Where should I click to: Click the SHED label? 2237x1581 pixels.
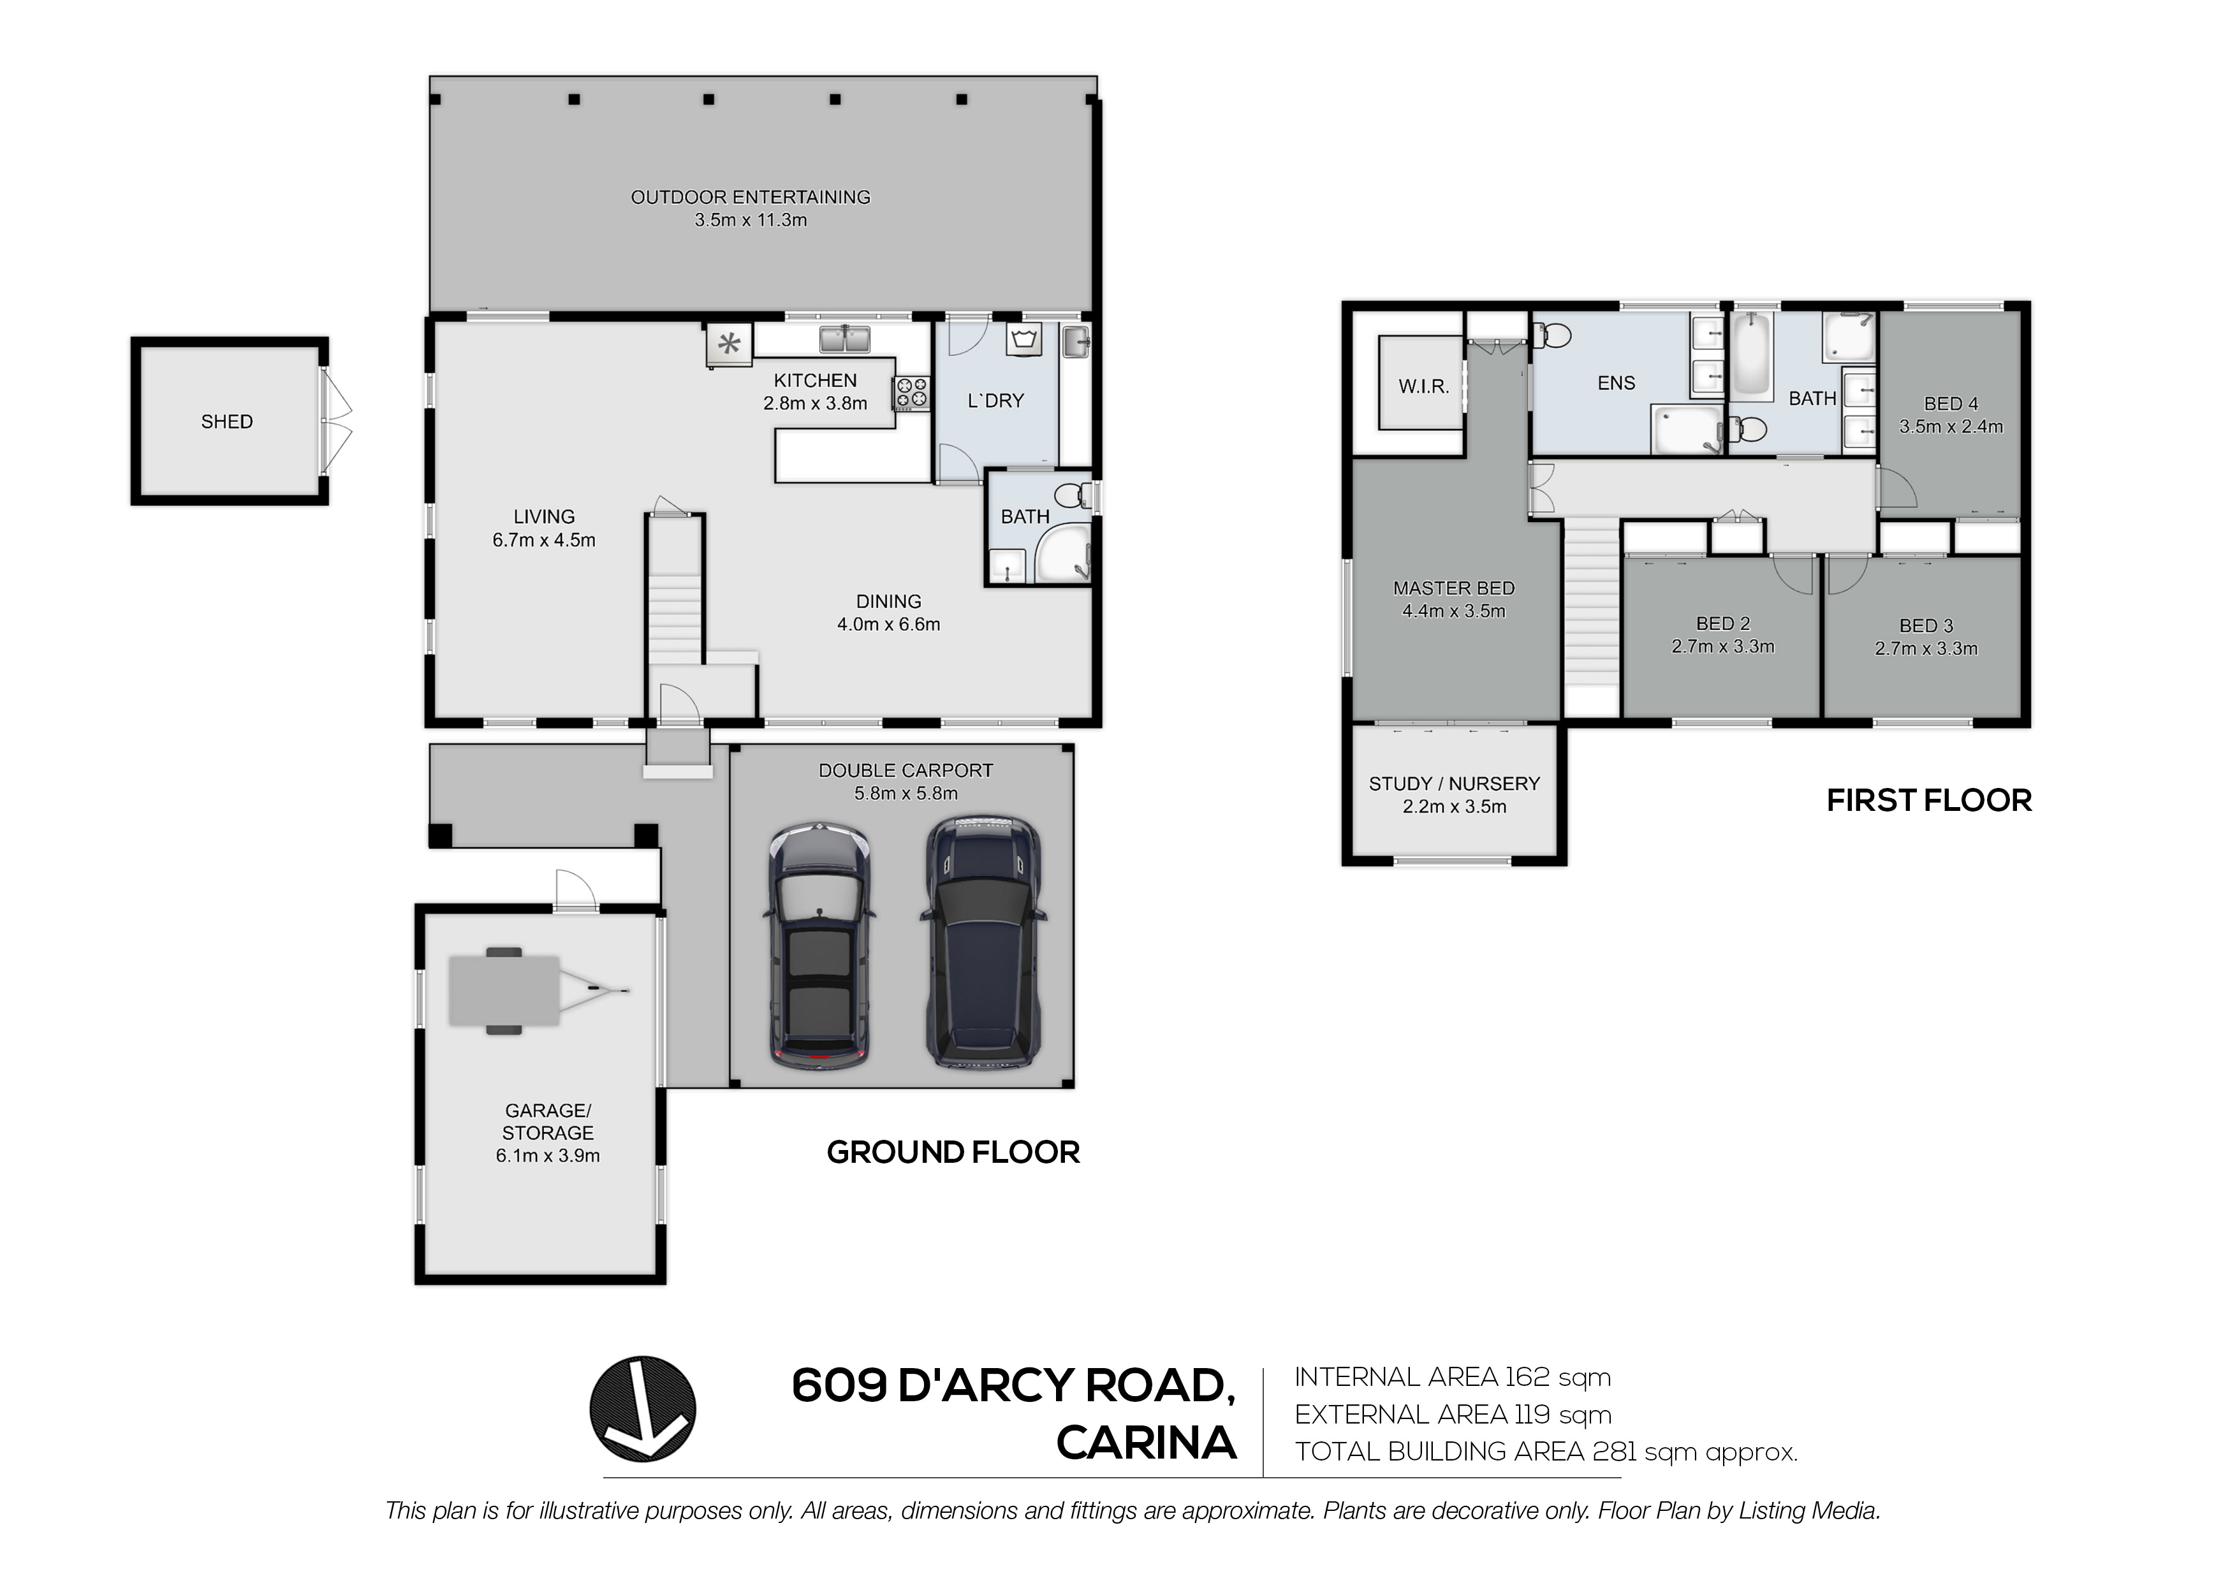(227, 422)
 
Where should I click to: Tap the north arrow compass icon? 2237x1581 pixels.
(642, 1409)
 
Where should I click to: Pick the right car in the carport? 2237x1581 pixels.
(982, 942)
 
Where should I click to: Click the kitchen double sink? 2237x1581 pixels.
(845, 340)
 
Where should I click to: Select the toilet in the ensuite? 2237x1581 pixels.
(1551, 336)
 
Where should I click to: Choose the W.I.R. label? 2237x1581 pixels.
(1423, 387)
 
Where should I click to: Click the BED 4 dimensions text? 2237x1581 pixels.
(1951, 426)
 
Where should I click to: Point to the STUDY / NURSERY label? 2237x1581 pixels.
(1454, 784)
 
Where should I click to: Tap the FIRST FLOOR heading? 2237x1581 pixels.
(1929, 801)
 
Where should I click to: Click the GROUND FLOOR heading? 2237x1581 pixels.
(953, 1153)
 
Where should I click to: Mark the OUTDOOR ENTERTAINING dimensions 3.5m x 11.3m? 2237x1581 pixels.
(750, 220)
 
